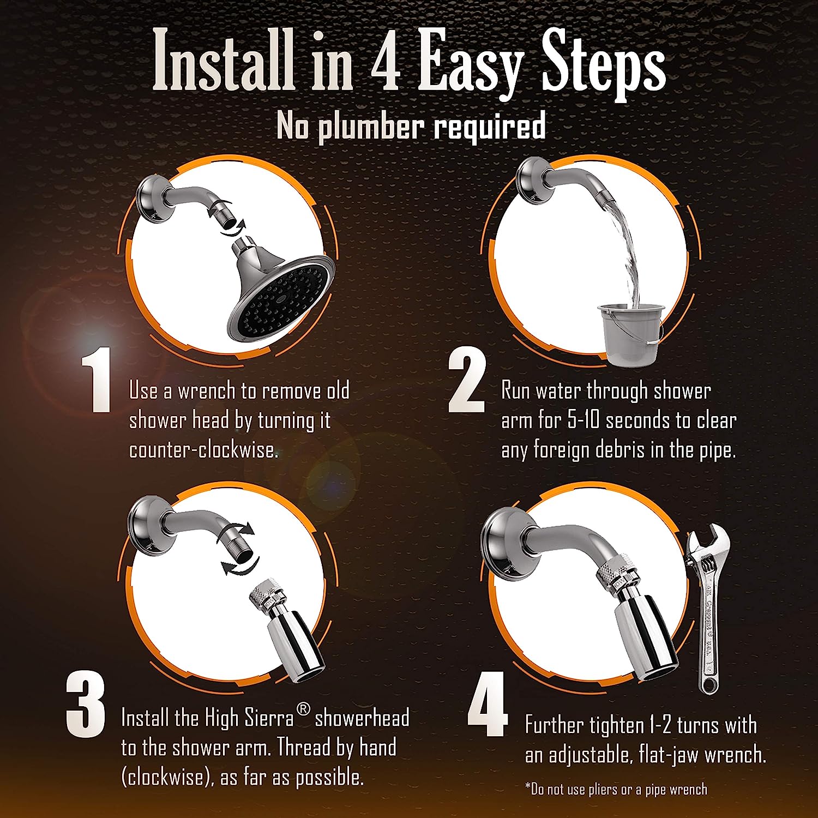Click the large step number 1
[96, 380]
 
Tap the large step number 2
[467, 382]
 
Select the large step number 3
[86, 706]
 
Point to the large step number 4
[488, 706]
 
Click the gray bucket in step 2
[630, 333]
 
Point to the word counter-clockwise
[203, 450]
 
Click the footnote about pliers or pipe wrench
[616, 789]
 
